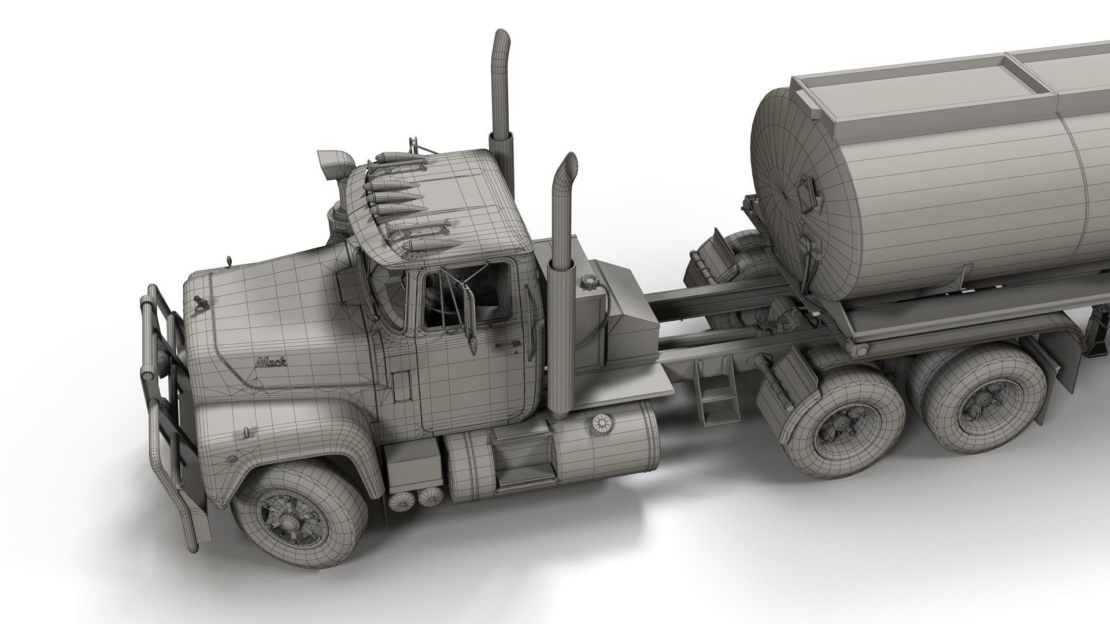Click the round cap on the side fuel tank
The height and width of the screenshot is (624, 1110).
point(602,424)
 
